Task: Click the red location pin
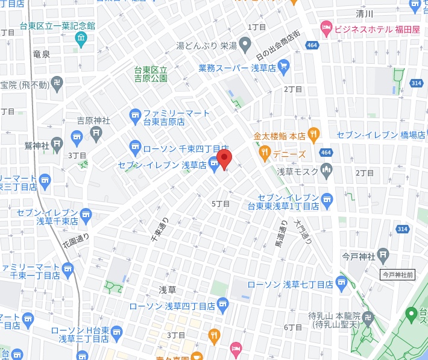pos(224,159)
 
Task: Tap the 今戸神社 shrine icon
pos(399,253)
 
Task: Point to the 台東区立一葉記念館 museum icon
pos(81,39)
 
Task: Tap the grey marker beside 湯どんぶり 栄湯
pos(245,43)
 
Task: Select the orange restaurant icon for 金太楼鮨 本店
pos(313,134)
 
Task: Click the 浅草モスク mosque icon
pos(326,171)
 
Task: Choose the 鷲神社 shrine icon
pos(57,144)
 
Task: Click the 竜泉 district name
pos(42,54)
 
